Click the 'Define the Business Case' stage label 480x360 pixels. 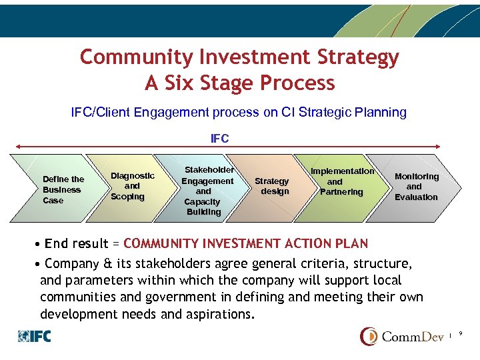pyautogui.click(x=63, y=189)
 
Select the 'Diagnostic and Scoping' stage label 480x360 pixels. pyautogui.click(x=132, y=186)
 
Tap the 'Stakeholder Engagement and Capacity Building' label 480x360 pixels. pyautogui.click(x=208, y=191)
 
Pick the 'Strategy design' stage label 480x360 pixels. pyautogui.click(x=272, y=186)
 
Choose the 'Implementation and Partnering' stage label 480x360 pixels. pyautogui.click(x=341, y=181)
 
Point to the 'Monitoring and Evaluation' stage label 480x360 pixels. pyautogui.click(x=416, y=187)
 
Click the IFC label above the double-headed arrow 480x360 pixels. pyautogui.click(x=219, y=139)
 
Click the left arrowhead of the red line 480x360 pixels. pyautogui.click(x=17, y=147)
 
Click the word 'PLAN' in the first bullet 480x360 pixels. pyautogui.click(x=348, y=243)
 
